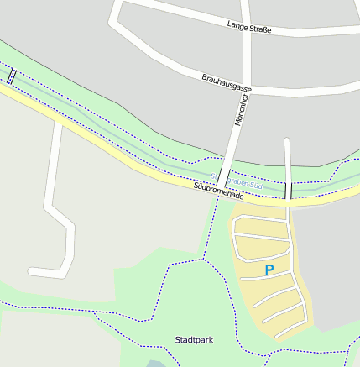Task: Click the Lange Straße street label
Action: [249, 28]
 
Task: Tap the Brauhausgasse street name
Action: [227, 82]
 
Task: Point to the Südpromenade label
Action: [218, 194]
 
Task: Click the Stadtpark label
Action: [193, 340]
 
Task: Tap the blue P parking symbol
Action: [269, 270]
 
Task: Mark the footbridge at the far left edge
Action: [11, 76]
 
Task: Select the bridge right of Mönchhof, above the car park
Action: [287, 191]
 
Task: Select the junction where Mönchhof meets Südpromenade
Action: [220, 188]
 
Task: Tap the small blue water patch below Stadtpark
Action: [155, 363]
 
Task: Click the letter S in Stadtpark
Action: [178, 340]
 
